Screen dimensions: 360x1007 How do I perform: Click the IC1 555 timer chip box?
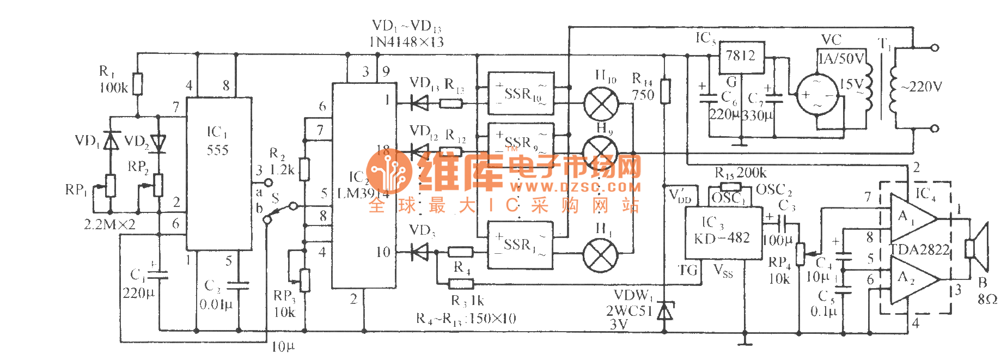219,173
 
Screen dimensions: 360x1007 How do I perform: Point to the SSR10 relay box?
521,93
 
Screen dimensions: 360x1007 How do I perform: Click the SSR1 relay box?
520,245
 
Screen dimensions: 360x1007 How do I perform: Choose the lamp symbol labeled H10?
601,103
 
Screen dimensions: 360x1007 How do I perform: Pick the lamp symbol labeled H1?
600,254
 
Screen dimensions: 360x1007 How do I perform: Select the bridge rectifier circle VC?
817,95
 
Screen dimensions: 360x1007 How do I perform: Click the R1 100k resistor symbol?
138,84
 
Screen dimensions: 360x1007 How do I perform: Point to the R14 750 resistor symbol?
664,91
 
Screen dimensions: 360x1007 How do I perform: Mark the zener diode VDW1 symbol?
664,312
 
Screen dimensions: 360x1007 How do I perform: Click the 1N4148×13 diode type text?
406,42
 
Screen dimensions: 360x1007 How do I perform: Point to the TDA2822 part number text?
920,250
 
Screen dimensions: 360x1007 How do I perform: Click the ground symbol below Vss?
744,343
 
